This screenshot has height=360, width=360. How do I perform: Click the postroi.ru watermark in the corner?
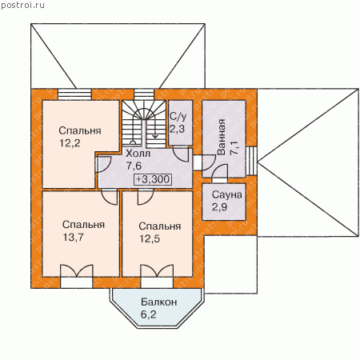(22, 5)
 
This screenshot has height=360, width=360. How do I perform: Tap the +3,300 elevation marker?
(153, 179)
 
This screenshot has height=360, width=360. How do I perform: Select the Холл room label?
(138, 154)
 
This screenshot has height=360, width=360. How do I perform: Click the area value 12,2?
(70, 143)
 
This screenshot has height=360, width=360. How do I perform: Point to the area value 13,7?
(74, 237)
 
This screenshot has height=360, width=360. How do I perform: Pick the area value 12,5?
(150, 238)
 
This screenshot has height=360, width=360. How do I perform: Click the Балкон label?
(159, 302)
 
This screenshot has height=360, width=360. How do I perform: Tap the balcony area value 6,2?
(149, 314)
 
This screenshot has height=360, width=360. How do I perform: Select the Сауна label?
(227, 194)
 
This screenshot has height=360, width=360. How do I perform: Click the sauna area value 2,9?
(220, 207)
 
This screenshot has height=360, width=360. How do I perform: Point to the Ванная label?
(222, 137)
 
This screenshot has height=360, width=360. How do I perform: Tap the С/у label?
(178, 117)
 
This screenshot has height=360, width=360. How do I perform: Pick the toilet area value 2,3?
(178, 129)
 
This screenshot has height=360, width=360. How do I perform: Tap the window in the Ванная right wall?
(251, 161)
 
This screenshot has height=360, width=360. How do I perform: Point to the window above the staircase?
(144, 94)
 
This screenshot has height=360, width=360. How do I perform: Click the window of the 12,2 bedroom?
(75, 94)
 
